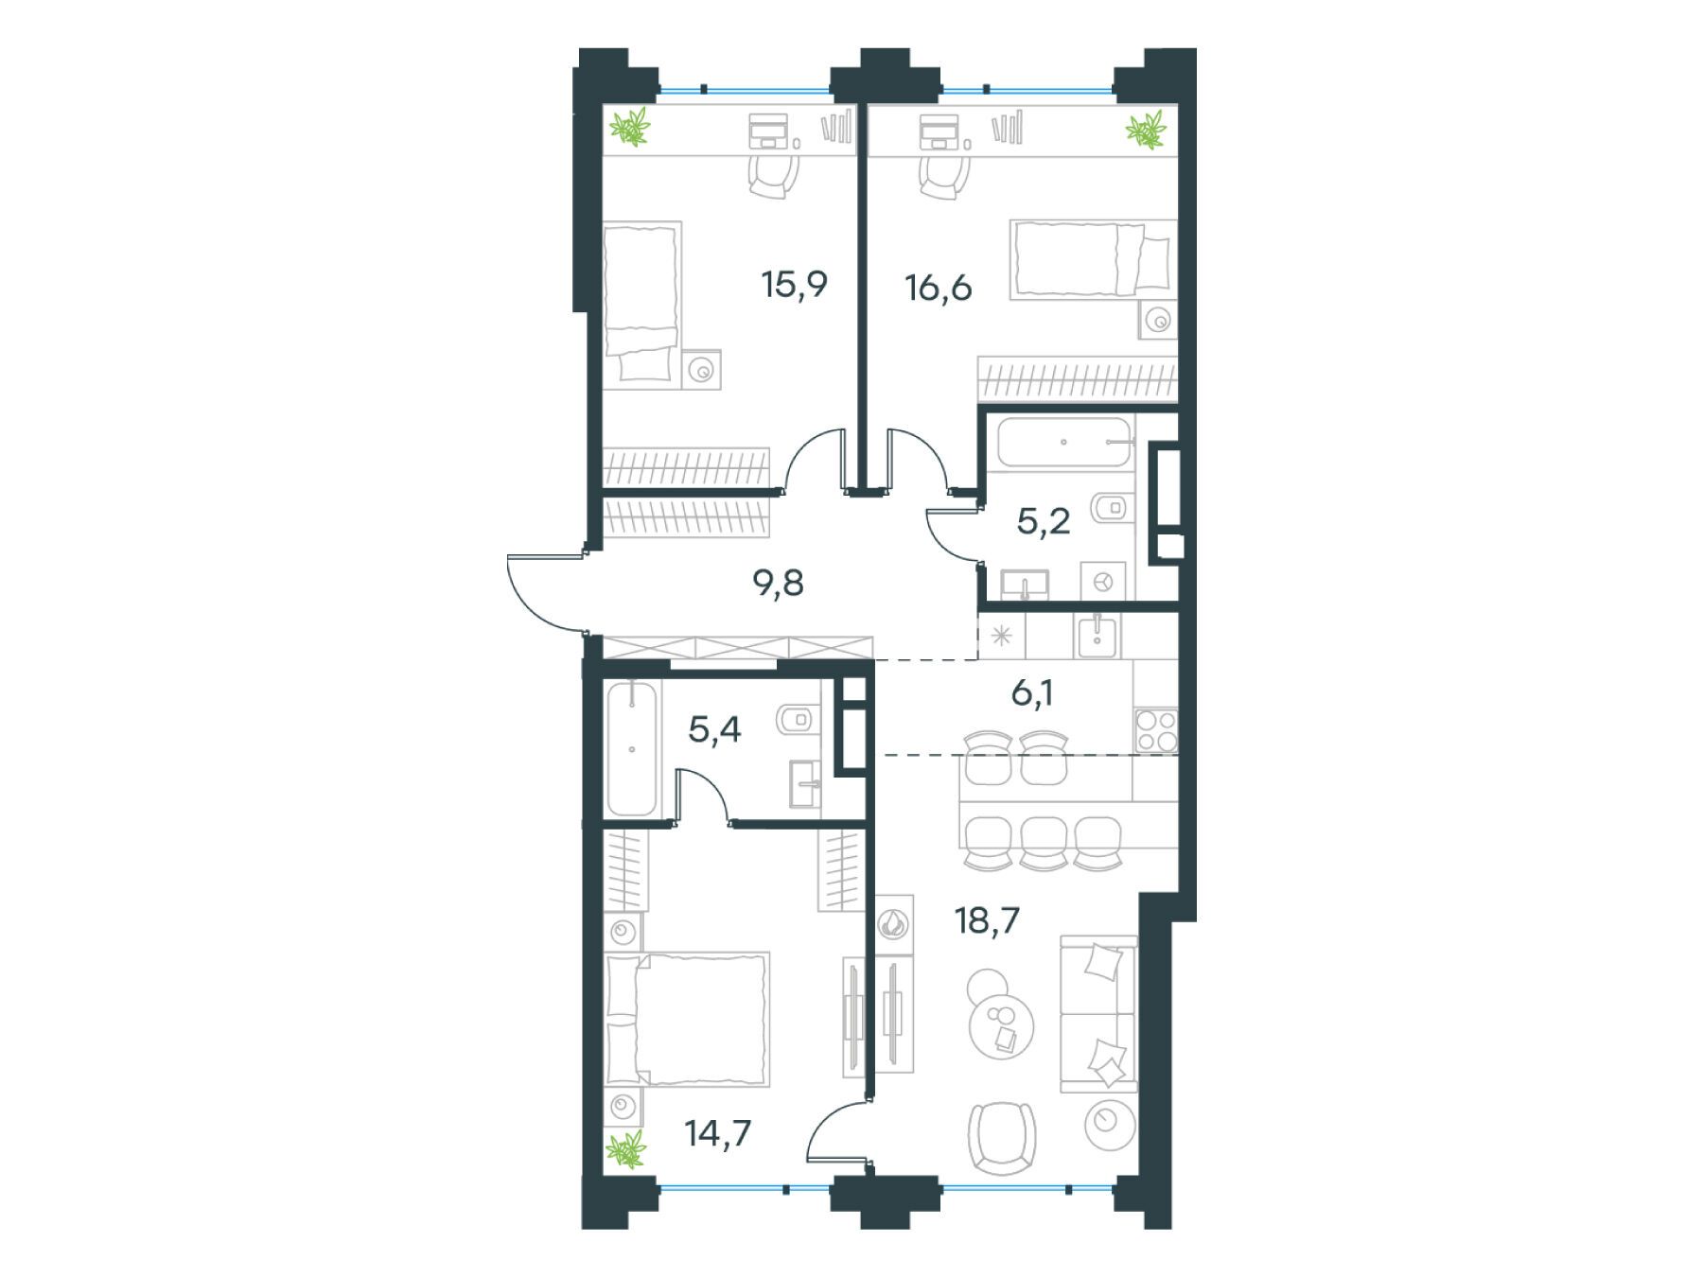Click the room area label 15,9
(795, 284)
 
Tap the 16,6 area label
(939, 288)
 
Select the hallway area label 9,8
(778, 584)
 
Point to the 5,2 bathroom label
(1044, 520)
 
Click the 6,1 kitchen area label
(1032, 693)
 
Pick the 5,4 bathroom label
(714, 729)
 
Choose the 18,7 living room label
(987, 918)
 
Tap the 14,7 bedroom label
(718, 1131)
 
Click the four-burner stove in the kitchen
(1155, 731)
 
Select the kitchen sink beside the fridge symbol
(1097, 635)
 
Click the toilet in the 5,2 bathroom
(1109, 509)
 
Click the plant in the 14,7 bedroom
(625, 1150)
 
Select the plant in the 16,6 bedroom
(1147, 130)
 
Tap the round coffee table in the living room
(1003, 1027)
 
